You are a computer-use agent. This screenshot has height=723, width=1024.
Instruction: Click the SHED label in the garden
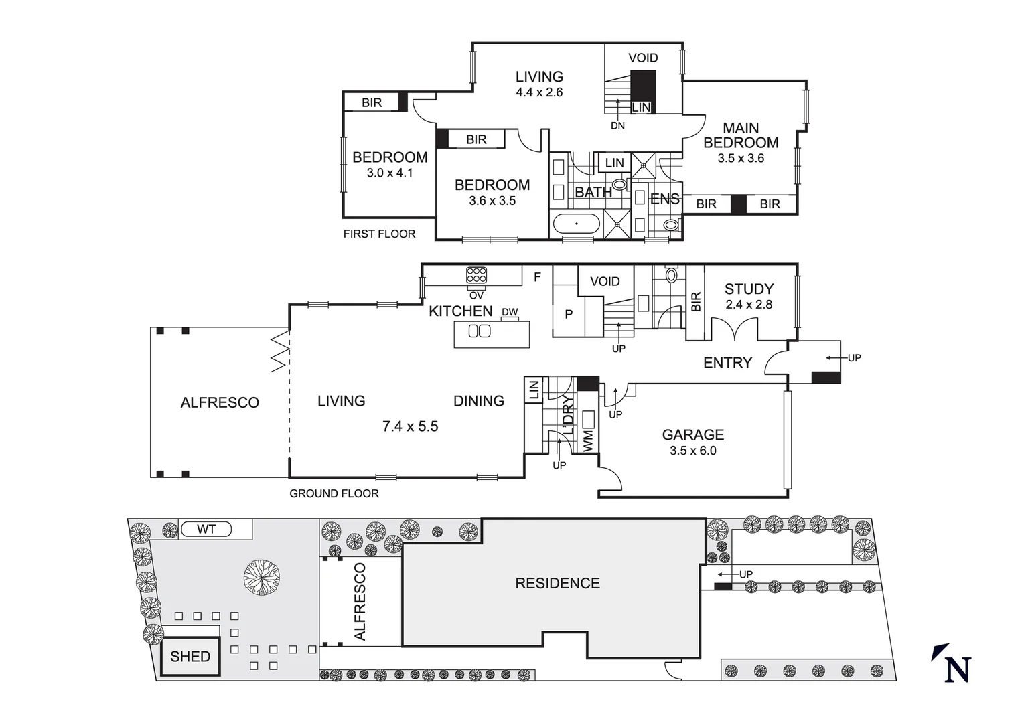pos(190,657)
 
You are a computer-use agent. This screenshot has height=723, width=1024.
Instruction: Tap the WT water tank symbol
pos(206,530)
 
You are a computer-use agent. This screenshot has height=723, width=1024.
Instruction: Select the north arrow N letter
pos(958,669)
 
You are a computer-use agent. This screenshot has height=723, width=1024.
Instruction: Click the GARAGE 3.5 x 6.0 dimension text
pos(692,451)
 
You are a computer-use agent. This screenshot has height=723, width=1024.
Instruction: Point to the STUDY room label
pos(749,289)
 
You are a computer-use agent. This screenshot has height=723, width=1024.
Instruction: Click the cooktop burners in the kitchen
pos(477,275)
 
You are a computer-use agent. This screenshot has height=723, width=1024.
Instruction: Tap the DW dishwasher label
pos(510,312)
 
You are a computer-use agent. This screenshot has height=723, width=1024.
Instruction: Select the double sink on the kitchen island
pos(479,331)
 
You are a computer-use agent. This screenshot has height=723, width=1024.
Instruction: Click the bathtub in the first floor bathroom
pos(576,224)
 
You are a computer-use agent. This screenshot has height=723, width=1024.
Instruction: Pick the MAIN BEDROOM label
pos(741,135)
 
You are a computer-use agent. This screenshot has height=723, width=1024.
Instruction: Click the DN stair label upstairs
pos(617,125)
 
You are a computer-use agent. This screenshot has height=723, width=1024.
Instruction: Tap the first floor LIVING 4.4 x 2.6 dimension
pos(539,92)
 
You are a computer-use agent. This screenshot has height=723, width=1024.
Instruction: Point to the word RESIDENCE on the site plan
pos(557,584)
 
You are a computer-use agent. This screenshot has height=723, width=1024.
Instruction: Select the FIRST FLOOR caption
pos(379,234)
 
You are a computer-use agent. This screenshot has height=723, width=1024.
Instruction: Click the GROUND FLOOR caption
pos(334,493)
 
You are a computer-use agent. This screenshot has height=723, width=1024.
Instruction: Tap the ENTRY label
pos(727,363)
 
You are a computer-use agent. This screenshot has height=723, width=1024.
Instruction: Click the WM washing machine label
pos(588,440)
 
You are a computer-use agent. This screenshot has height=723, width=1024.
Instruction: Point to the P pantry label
pos(569,313)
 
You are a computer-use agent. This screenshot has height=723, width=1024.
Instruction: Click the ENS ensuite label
pos(664,199)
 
